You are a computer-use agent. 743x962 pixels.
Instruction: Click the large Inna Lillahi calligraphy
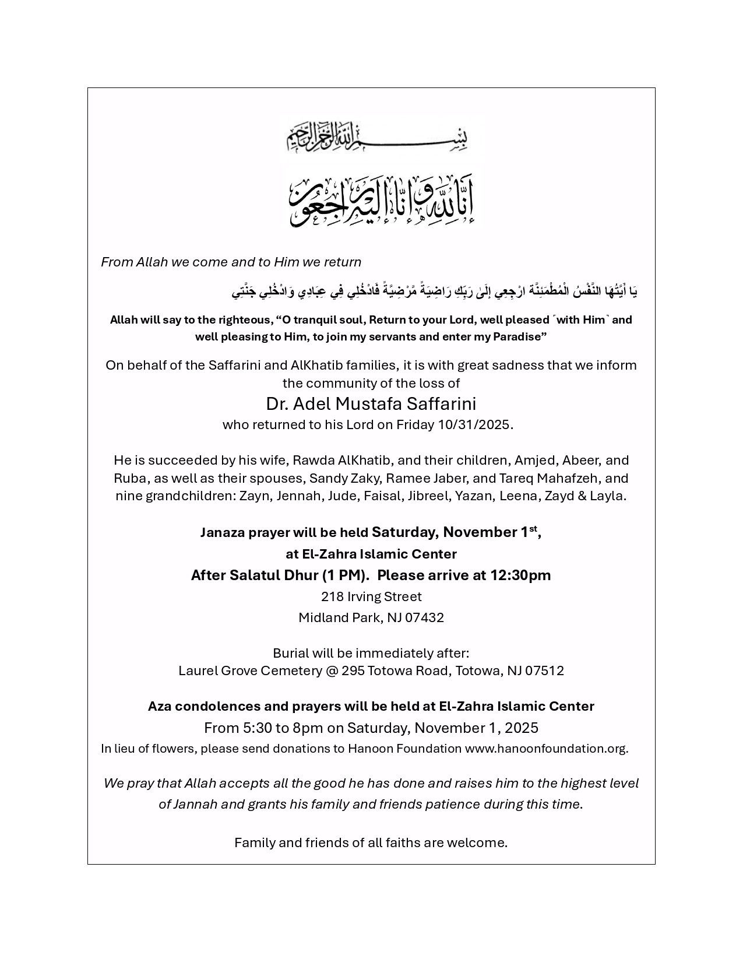pos(382,201)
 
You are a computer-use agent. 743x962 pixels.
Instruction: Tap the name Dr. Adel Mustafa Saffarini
pos(371,403)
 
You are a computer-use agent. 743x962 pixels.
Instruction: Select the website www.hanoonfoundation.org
pos(545,749)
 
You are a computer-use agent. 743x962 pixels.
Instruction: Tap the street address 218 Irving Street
pos(371,596)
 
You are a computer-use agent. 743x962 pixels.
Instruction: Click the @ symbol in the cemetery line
pos(332,670)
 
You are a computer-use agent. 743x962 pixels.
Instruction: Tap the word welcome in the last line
pos(482,842)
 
